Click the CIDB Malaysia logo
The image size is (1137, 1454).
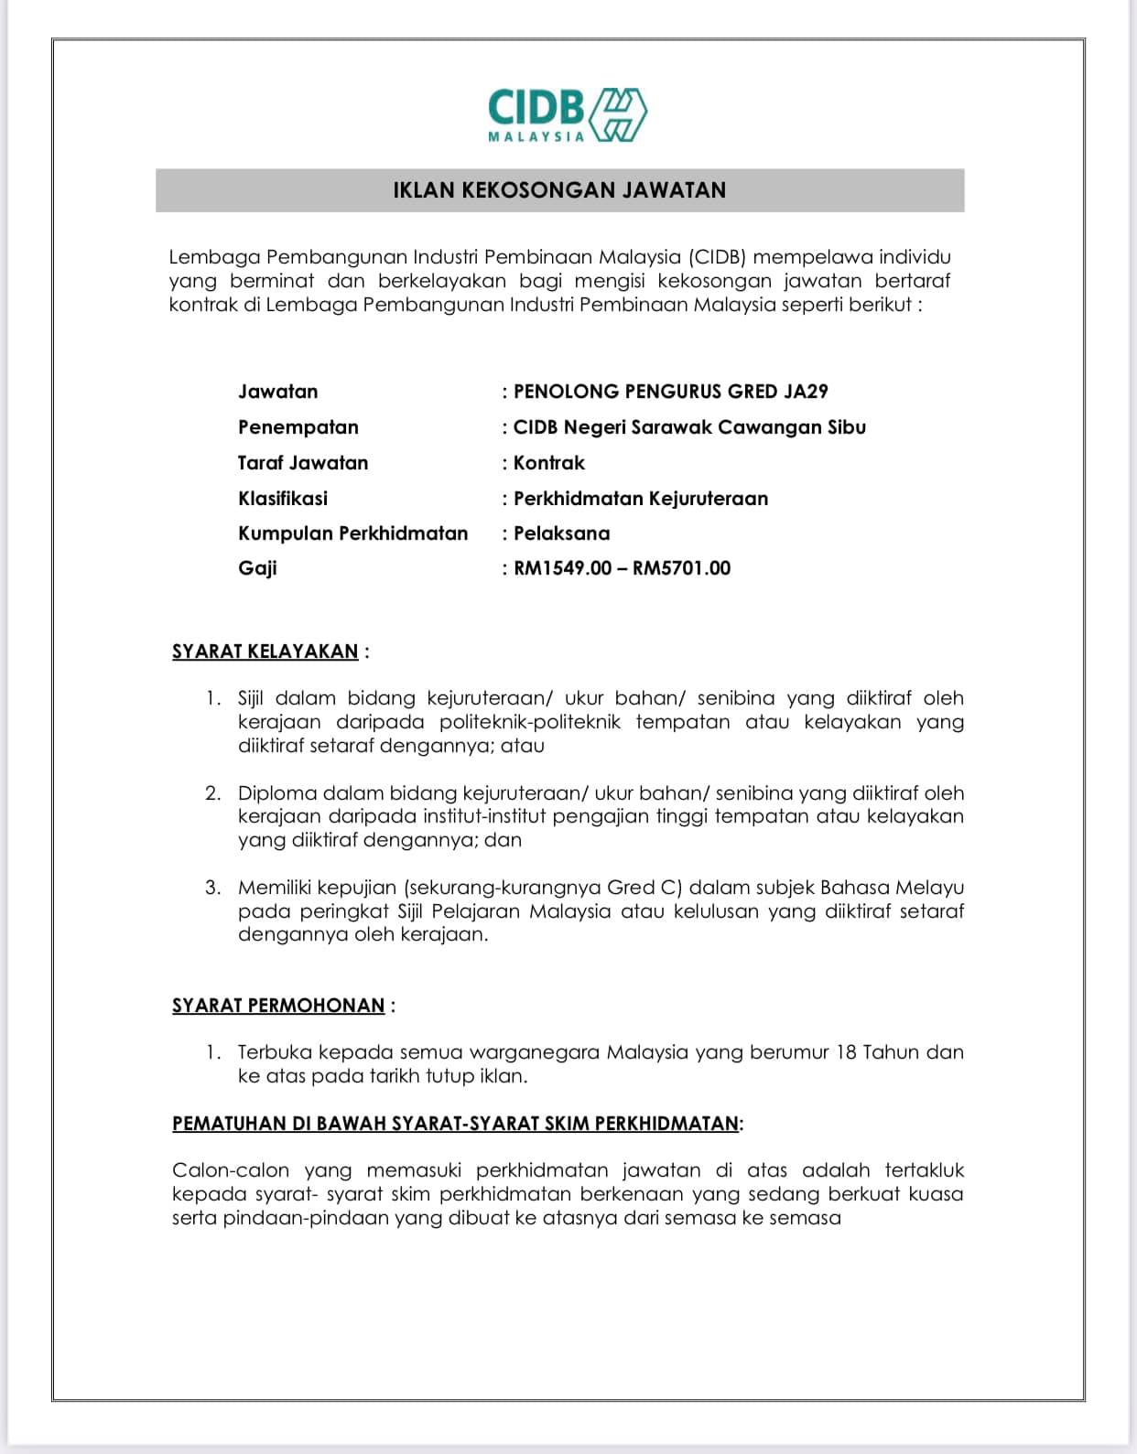568,115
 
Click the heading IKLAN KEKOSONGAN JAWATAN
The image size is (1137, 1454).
559,190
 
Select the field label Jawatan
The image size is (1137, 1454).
278,392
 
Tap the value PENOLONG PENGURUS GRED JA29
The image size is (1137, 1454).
670,392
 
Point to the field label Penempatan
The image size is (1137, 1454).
298,427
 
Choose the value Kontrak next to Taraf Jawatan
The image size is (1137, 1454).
548,463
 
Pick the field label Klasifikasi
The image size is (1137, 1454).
283,499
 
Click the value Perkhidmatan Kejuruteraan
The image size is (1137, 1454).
641,499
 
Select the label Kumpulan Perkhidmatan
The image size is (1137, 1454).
352,533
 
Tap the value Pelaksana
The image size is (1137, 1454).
561,533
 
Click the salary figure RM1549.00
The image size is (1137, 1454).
562,568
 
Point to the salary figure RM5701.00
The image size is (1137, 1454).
681,568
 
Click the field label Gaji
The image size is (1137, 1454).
257,568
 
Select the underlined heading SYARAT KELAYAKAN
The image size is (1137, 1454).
265,652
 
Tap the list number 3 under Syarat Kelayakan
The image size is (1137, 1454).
212,888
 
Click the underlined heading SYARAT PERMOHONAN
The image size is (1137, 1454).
278,1006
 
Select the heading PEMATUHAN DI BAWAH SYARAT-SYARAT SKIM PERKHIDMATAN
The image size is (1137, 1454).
455,1124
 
